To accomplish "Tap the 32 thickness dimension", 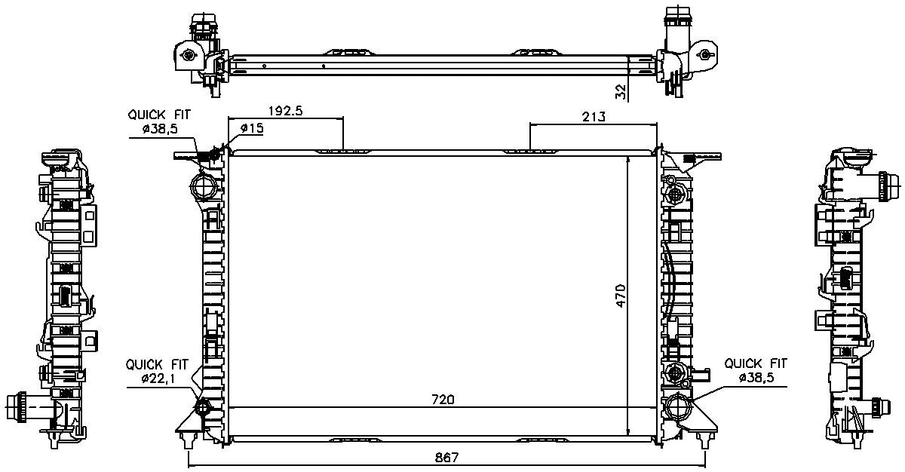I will click(621, 91).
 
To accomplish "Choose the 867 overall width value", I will click(445, 458).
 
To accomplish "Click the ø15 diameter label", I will click(250, 129).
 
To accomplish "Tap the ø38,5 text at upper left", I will click(159, 130).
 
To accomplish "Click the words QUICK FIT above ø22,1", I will click(158, 363).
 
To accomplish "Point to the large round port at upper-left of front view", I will click(201, 184).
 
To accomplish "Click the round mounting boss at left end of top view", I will click(186, 55).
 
